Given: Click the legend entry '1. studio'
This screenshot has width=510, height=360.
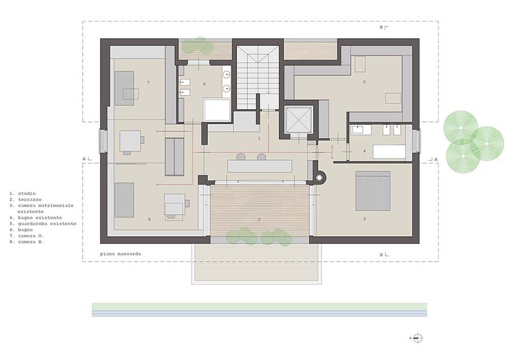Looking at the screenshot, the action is (x=23, y=193).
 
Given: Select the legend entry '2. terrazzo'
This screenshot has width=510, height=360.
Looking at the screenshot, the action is (x=26, y=200).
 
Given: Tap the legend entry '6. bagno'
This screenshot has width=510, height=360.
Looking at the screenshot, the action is (x=21, y=229).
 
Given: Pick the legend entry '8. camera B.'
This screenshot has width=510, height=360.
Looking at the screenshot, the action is (x=27, y=242).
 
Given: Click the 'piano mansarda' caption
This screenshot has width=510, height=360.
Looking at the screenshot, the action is (x=120, y=254).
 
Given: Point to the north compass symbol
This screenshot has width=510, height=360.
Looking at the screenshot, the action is (x=418, y=338).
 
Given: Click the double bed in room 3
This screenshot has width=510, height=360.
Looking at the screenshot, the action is (x=373, y=191).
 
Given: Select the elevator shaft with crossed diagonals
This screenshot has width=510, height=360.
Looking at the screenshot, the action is (x=298, y=120).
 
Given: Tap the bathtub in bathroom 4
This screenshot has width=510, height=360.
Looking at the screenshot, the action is (x=389, y=152).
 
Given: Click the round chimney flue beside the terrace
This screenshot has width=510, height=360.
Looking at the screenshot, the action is (x=320, y=178).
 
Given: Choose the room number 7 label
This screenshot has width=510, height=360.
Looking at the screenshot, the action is (x=149, y=83).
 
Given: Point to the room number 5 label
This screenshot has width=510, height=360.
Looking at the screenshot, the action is (x=364, y=82).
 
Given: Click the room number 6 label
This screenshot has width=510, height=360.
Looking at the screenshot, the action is (x=204, y=84).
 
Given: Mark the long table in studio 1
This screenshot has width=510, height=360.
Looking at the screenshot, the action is (x=260, y=166).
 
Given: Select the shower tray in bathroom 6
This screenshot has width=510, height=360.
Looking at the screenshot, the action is (x=217, y=110).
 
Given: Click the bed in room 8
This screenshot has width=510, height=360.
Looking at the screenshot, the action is (x=124, y=200).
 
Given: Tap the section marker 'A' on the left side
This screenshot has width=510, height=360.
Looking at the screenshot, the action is (x=84, y=159).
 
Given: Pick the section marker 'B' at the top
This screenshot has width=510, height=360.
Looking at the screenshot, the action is (x=382, y=27).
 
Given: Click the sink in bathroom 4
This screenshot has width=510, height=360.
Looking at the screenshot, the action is (x=357, y=130).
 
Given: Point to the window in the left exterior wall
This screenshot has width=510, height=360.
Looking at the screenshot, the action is (x=103, y=141).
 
